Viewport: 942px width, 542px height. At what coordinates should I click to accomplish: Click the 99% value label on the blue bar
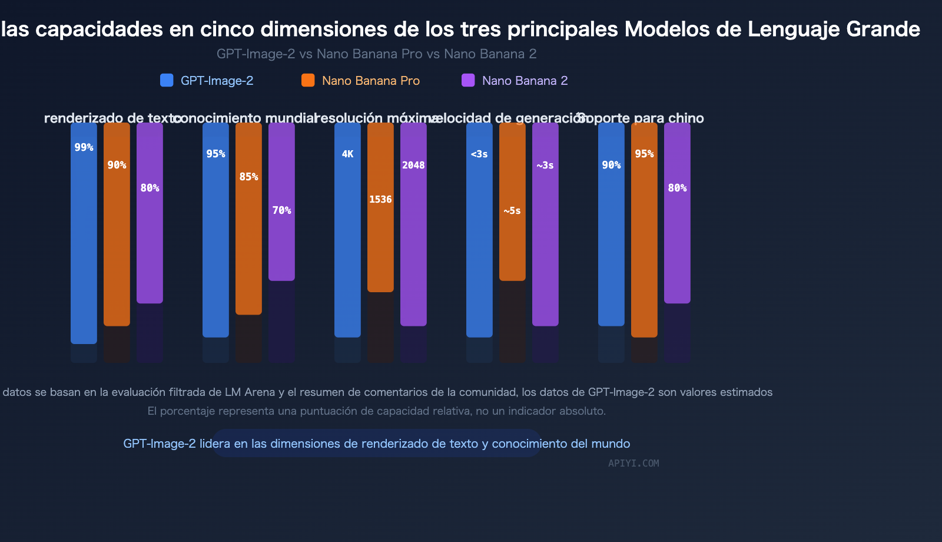point(84,147)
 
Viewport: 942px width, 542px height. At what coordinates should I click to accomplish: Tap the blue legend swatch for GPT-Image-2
point(167,80)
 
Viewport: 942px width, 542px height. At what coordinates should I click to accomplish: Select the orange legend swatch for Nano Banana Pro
point(308,80)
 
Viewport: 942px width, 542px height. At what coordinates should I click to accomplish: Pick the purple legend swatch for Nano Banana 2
point(468,80)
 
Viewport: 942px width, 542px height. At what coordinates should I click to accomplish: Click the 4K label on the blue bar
point(347,154)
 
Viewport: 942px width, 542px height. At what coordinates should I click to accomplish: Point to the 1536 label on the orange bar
point(380,199)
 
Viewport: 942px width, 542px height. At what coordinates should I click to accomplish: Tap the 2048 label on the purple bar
point(413,165)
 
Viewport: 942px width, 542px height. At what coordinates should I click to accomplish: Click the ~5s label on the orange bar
point(512,210)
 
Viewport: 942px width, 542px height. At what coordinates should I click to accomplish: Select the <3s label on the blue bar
point(479,154)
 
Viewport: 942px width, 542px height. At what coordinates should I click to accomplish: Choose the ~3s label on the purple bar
point(545,165)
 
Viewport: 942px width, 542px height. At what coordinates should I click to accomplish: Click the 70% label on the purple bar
point(281,210)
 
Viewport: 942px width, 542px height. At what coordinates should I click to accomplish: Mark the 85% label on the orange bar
point(248,176)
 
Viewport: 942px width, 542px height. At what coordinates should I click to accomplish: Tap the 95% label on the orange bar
point(644,154)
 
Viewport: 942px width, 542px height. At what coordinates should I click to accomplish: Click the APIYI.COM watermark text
point(633,463)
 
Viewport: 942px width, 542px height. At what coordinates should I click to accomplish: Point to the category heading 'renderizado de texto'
point(112,118)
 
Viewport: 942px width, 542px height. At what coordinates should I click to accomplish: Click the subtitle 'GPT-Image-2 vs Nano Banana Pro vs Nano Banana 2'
point(376,54)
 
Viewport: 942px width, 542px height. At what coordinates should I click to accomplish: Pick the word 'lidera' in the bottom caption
point(215,444)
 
